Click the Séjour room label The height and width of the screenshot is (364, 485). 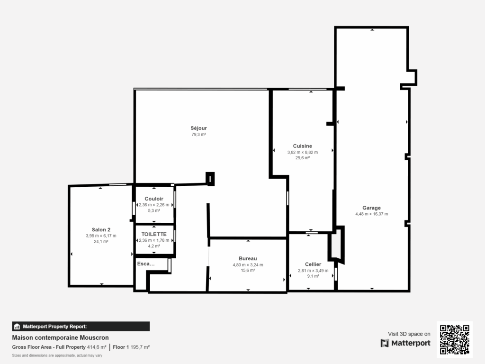pyautogui.click(x=199, y=128)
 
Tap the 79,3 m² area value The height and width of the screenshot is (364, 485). pyautogui.click(x=199, y=135)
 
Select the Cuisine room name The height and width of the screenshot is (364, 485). pyautogui.click(x=302, y=146)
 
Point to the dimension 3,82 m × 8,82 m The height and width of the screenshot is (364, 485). pyautogui.click(x=302, y=152)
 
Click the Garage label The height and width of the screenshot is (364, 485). pyautogui.click(x=371, y=208)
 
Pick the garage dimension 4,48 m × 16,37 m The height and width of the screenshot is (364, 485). pyautogui.click(x=371, y=214)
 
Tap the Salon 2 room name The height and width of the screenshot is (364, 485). pyautogui.click(x=101, y=229)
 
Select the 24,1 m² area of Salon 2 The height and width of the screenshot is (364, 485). pyautogui.click(x=101, y=241)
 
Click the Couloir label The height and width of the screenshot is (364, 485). pyautogui.click(x=154, y=199)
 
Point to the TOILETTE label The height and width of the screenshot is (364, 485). pyautogui.click(x=154, y=234)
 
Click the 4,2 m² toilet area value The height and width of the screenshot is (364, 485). pyautogui.click(x=154, y=246)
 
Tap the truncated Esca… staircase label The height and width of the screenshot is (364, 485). pyautogui.click(x=145, y=264)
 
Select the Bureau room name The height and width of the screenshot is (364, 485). pyautogui.click(x=248, y=258)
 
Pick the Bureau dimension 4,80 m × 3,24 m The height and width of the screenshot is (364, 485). pyautogui.click(x=248, y=264)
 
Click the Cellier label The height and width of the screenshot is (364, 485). pyautogui.click(x=313, y=264)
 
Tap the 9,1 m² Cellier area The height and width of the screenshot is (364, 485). pyautogui.click(x=313, y=276)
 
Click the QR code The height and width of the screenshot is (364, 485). pyautogui.click(x=455, y=340)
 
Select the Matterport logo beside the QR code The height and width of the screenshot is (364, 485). pyautogui.click(x=405, y=343)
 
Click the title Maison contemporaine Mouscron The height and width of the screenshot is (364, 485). pyautogui.click(x=60, y=338)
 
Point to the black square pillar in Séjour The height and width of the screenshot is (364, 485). pyautogui.click(x=210, y=178)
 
